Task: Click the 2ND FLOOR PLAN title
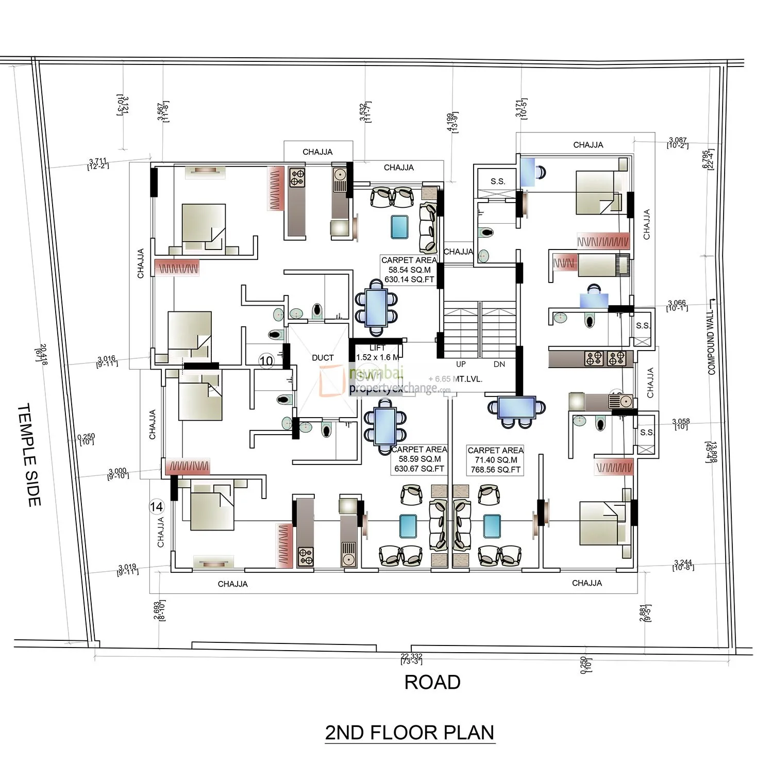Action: pos(410,732)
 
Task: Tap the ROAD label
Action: pos(432,682)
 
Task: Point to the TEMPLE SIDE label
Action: pos(29,454)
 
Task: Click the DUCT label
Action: pos(323,357)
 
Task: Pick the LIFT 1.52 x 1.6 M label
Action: pos(377,353)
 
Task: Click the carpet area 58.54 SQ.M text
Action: pos(409,270)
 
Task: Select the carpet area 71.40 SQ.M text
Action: pos(495,460)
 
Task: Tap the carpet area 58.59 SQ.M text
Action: pos(419,459)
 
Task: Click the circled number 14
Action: pos(156,507)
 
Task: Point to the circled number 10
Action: pos(266,361)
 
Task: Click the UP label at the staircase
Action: pos(461,364)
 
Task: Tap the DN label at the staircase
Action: pos(499,364)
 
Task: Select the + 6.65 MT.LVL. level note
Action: pos(455,379)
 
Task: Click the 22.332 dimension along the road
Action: pos(411,658)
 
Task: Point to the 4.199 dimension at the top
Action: pos(452,122)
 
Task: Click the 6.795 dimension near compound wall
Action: pos(708,159)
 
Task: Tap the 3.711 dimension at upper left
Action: pos(98,163)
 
